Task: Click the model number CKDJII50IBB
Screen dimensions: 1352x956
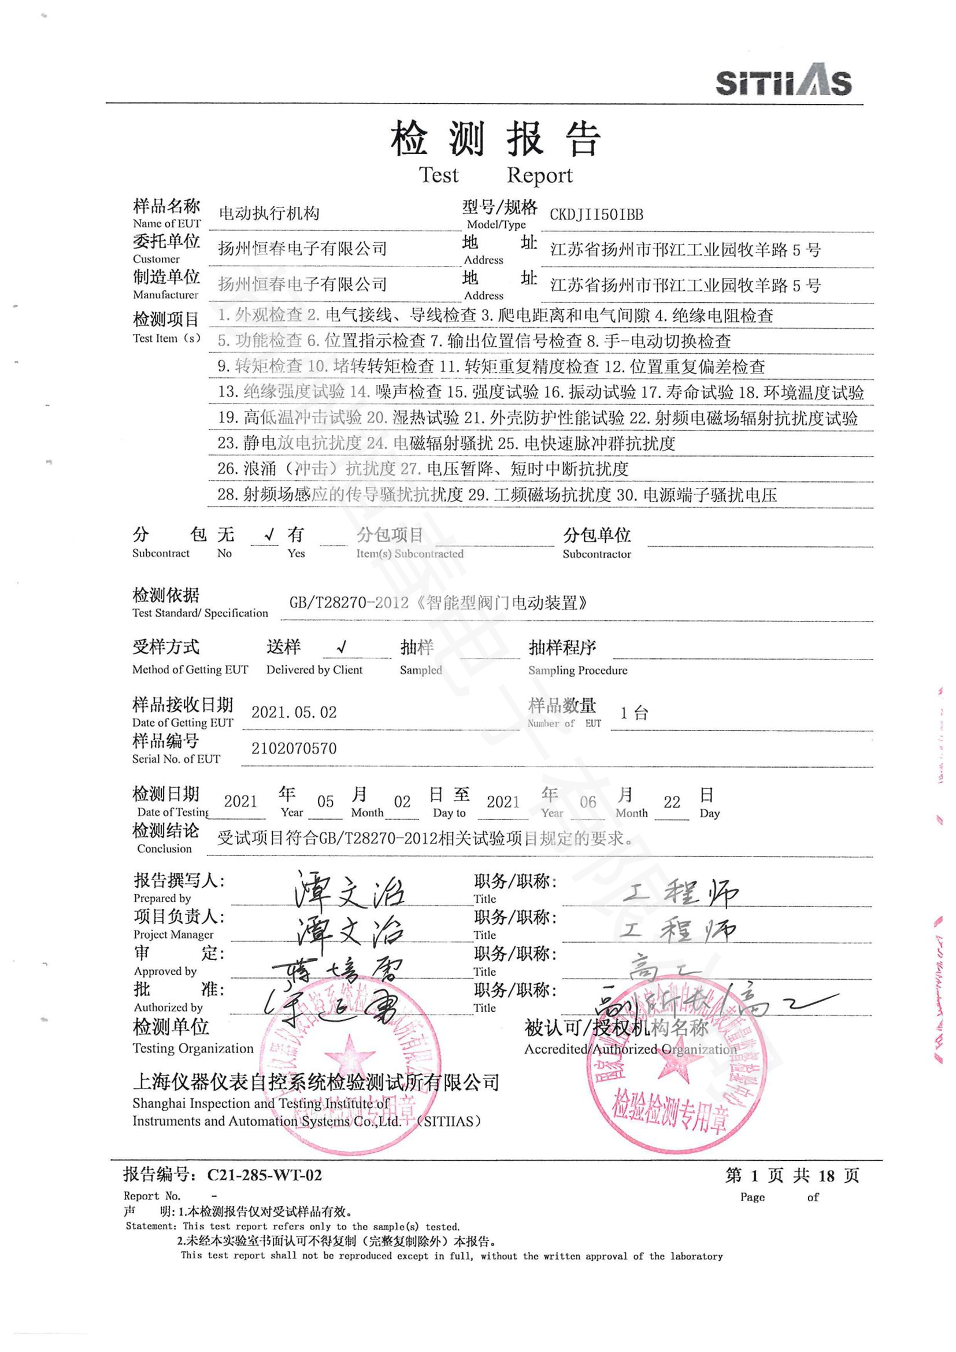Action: pyautogui.click(x=596, y=214)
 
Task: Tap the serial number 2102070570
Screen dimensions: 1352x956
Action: pyautogui.click(x=294, y=749)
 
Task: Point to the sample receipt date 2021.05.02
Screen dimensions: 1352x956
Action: pyautogui.click(x=294, y=713)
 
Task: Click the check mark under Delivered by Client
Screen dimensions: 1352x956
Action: pyautogui.click(x=342, y=648)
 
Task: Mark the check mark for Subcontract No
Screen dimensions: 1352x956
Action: pyautogui.click(x=269, y=535)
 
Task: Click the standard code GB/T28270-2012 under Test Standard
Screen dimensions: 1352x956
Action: pyautogui.click(x=349, y=603)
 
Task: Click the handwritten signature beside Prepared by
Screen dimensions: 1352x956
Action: pyautogui.click(x=350, y=891)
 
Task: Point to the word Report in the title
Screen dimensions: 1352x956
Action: pyautogui.click(x=539, y=176)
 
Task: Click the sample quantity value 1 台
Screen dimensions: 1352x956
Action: pyautogui.click(x=634, y=714)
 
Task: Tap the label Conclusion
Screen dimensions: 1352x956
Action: pyautogui.click(x=164, y=849)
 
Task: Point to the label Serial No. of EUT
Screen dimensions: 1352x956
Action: pyautogui.click(x=176, y=759)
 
